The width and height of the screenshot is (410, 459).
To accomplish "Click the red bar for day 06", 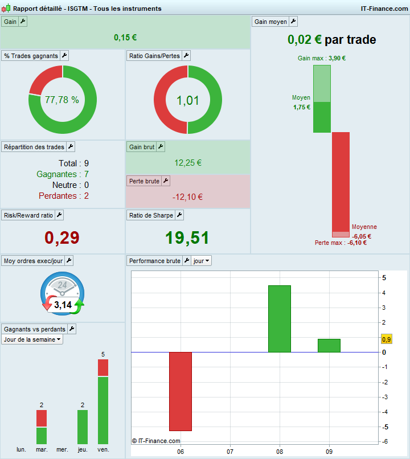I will [x=181, y=391].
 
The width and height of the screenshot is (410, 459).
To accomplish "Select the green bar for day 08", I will [x=279, y=319].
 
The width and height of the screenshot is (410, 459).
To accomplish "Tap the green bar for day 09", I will [x=329, y=346].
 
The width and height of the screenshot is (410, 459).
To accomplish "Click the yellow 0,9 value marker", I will [x=386, y=339].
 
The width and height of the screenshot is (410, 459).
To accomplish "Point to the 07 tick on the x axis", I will [x=230, y=452].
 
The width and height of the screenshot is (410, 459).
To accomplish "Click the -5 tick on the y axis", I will [x=384, y=427].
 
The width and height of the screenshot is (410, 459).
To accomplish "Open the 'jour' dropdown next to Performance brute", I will [x=201, y=261].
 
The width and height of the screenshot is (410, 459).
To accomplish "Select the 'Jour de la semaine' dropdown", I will [x=32, y=339].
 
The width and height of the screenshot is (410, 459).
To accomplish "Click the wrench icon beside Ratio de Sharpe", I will [x=179, y=215].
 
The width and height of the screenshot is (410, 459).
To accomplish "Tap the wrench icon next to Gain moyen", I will [x=293, y=22].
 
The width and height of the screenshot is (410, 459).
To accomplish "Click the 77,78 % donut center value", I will [x=62, y=100].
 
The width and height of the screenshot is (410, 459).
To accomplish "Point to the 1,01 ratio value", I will [x=188, y=101].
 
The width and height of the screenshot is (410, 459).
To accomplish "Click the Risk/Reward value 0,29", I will [x=62, y=237].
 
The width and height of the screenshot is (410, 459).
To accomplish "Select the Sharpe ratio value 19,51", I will [x=188, y=237].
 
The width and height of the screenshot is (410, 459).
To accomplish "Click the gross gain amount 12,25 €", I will [x=188, y=163].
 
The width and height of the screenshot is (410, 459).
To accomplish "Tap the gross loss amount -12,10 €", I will [x=188, y=197].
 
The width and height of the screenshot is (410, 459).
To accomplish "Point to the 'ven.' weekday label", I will [x=103, y=450].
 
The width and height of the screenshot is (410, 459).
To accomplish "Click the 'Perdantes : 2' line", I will [x=63, y=196].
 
